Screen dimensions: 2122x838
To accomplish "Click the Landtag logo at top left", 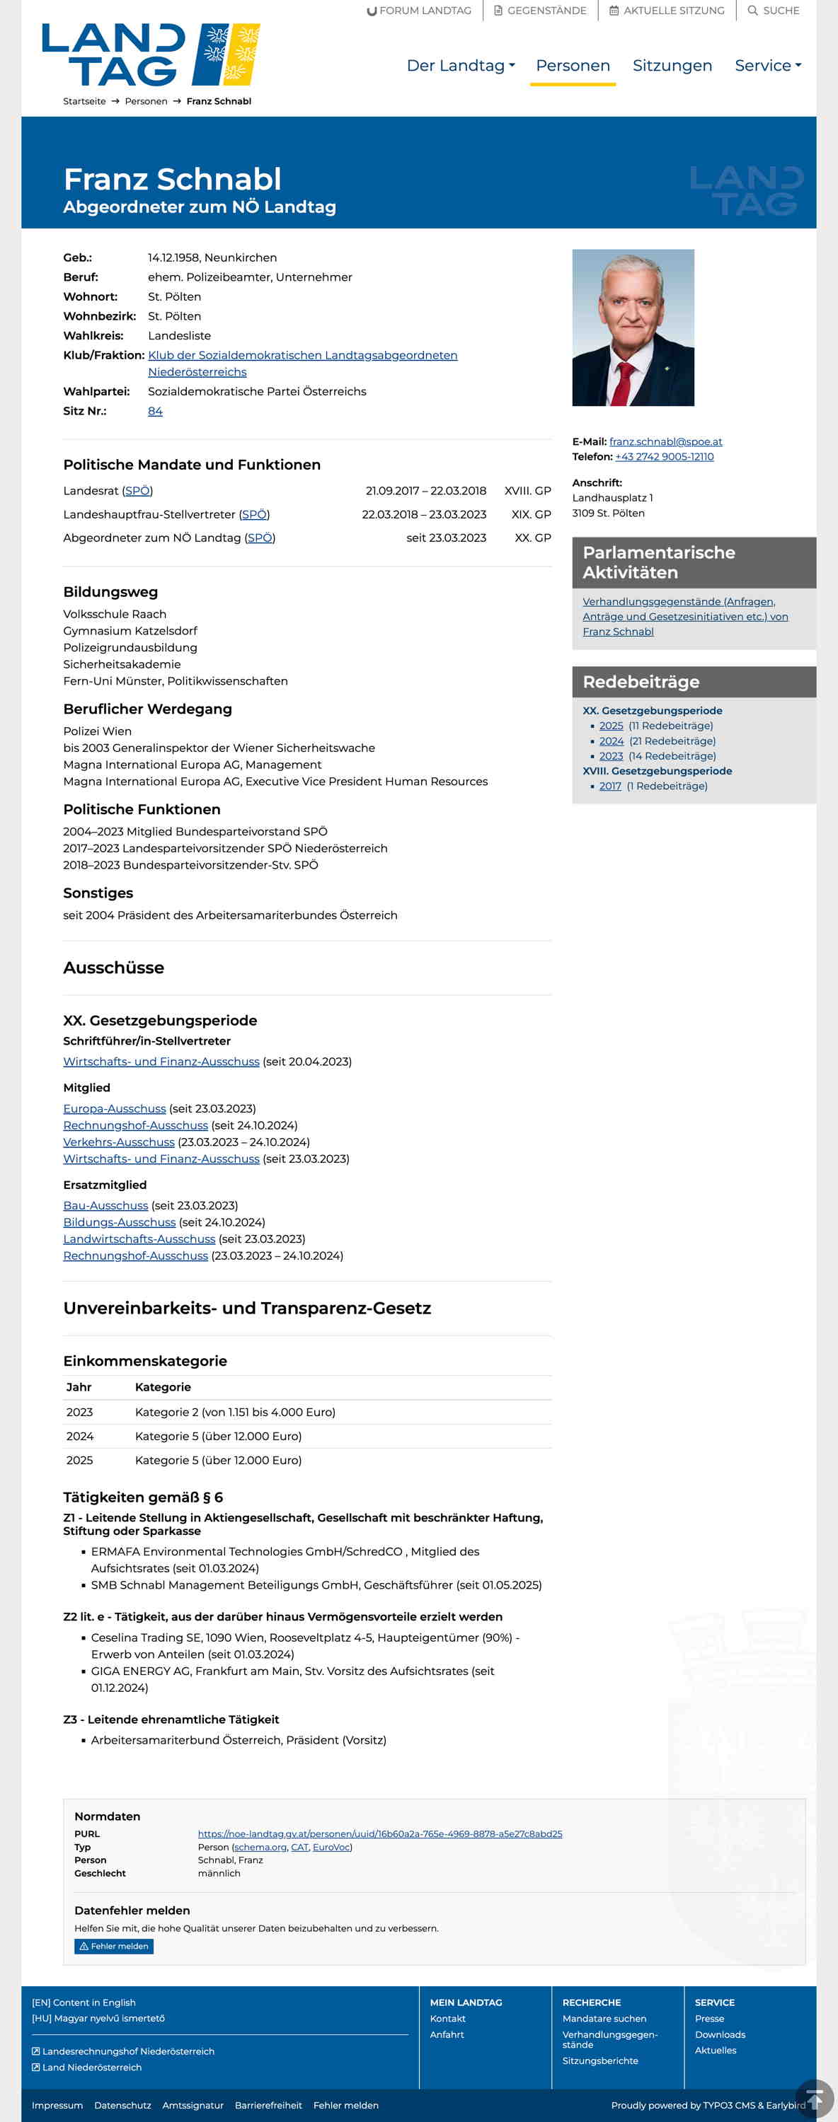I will tap(151, 54).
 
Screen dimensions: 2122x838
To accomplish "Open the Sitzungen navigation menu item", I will tap(672, 66).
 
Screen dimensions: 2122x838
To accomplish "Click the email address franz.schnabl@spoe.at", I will tap(665, 441).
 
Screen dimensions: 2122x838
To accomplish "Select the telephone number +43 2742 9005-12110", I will tap(664, 456).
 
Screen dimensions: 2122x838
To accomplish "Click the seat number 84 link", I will tap(155, 411).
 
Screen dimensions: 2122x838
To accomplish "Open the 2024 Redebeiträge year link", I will tap(611, 741).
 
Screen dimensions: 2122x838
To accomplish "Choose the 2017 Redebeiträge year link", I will tap(610, 786).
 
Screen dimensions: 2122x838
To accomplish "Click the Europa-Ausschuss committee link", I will tap(115, 1109).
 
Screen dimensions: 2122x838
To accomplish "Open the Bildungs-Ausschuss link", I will tap(120, 1222).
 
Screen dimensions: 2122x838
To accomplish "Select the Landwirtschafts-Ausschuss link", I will tap(139, 1239).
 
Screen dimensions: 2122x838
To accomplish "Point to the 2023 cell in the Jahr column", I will tap(80, 1412).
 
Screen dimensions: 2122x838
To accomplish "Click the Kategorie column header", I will tap(162, 1387).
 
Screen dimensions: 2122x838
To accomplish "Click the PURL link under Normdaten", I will tap(380, 1833).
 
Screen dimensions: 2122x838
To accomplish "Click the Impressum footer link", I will tap(57, 2105).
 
